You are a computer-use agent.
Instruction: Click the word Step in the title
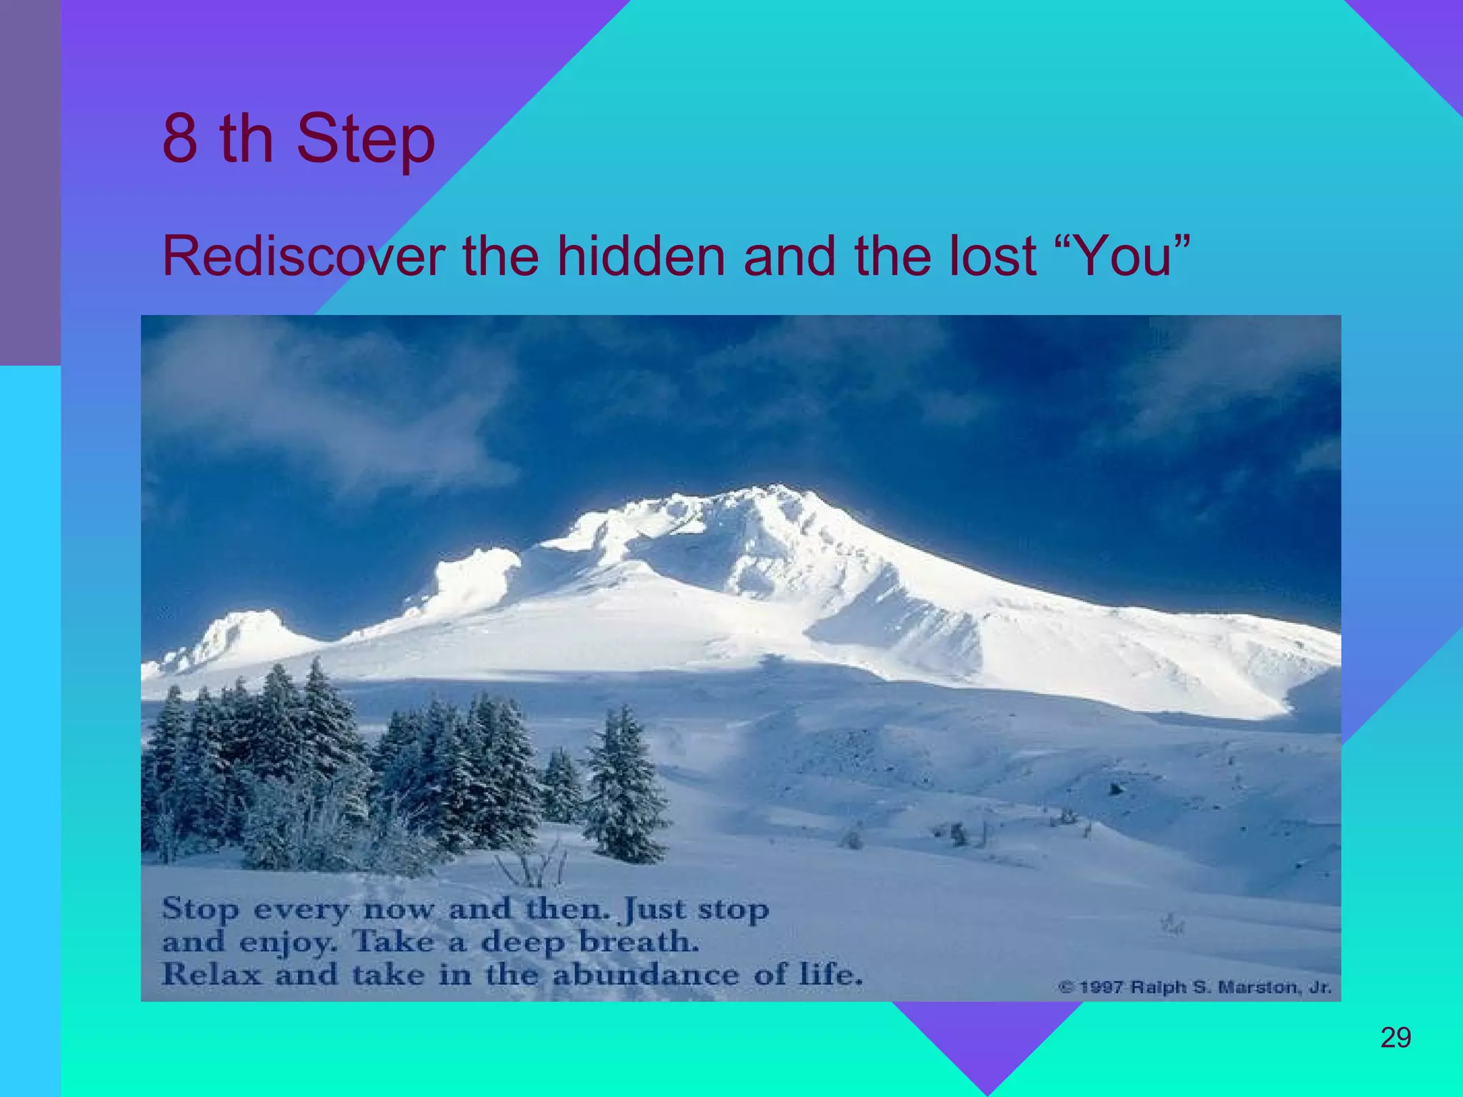pyautogui.click(x=365, y=139)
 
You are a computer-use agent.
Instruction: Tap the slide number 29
pyautogui.click(x=1395, y=1038)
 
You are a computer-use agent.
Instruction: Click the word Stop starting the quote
pyautogui.click(x=201, y=910)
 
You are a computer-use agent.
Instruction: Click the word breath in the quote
pyautogui.click(x=638, y=942)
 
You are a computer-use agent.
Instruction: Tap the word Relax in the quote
pyautogui.click(x=211, y=975)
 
